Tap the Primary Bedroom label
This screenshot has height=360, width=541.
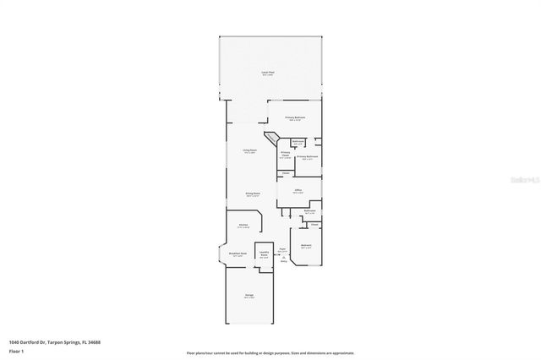[295, 117]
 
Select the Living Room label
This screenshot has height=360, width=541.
[250, 150]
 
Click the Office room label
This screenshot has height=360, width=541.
[298, 192]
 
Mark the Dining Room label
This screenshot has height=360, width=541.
[252, 194]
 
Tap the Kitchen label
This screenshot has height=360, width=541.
[243, 226]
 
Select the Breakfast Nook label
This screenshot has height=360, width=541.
[238, 254]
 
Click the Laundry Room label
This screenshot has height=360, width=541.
[264, 254]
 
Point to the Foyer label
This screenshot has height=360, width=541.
[282, 249]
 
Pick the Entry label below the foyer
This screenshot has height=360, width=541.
[284, 261]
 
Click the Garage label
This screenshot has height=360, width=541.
[249, 295]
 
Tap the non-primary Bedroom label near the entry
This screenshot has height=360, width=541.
[307, 246]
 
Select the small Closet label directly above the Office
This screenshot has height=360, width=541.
[287, 173]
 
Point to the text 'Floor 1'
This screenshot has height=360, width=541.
[16, 351]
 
